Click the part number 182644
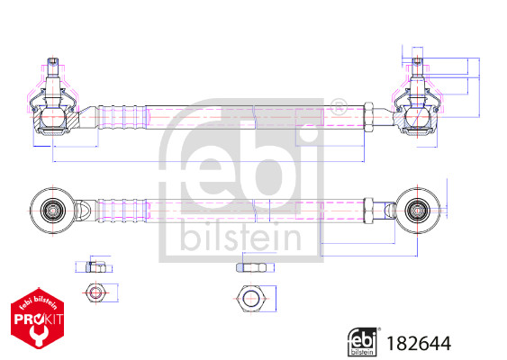tap(418, 343)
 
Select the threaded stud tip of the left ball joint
tap(53, 63)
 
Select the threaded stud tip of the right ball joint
tap(417, 64)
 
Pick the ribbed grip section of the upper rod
tap(121, 117)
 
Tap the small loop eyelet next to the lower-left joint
tap(83, 209)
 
